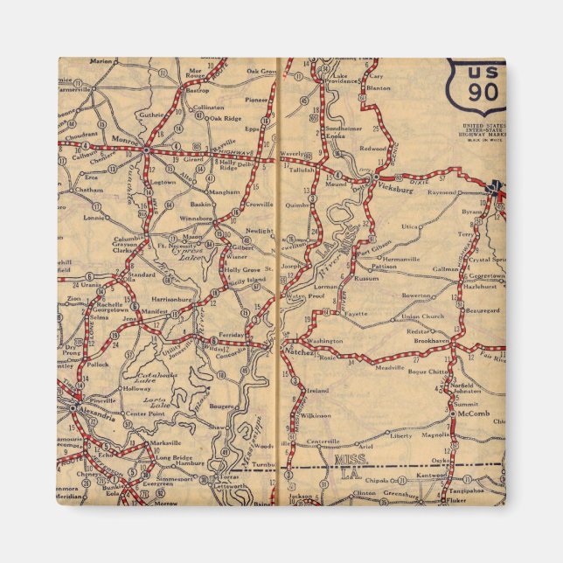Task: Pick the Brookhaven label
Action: (x=431, y=340)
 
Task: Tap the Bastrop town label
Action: (x=198, y=90)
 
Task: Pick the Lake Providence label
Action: (x=344, y=80)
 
